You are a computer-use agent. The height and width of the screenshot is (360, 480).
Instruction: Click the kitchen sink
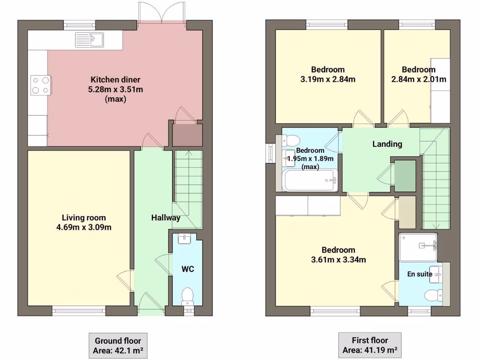pyautogui.click(x=89, y=40)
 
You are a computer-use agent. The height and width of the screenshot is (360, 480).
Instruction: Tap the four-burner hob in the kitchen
pyautogui.click(x=40, y=85)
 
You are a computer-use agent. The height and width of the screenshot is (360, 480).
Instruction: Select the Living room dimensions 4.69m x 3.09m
pyautogui.click(x=84, y=228)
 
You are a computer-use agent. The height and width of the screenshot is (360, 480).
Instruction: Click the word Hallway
pyautogui.click(x=165, y=217)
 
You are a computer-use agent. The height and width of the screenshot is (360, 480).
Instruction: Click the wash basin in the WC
pyautogui.click(x=185, y=240)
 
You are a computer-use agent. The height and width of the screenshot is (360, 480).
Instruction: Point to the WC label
pyautogui.click(x=188, y=269)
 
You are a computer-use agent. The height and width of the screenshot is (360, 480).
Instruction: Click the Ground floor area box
pyautogui.click(x=115, y=345)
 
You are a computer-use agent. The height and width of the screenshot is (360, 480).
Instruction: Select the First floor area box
pyautogui.click(x=370, y=345)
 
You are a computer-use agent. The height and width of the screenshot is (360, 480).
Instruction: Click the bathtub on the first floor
pyautogui.click(x=310, y=180)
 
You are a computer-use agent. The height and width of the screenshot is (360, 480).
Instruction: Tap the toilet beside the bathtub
pyautogui.click(x=291, y=141)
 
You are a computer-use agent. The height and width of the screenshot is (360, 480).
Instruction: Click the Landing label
pyautogui.click(x=387, y=144)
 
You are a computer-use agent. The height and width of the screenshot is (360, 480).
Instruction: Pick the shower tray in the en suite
pyautogui.click(x=418, y=247)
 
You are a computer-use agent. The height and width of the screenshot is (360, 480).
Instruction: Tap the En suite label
pyautogui.click(x=419, y=274)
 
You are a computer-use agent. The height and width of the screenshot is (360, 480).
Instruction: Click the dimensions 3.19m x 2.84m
pyautogui.click(x=328, y=79)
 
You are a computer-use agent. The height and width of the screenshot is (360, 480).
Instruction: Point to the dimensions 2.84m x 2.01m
pyautogui.click(x=419, y=79)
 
